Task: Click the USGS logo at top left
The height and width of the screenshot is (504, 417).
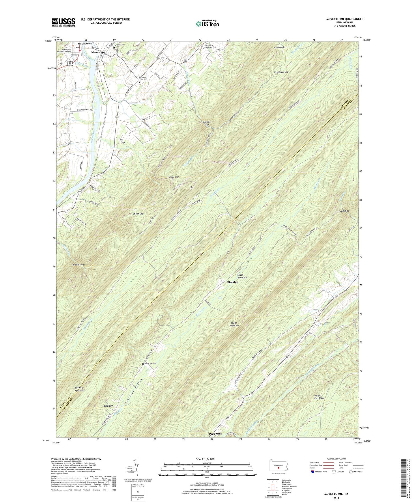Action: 63,22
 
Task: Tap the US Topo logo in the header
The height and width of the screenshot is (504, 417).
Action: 207,24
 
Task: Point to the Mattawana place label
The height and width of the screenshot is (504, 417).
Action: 98,53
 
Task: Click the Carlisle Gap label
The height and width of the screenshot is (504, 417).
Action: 207,123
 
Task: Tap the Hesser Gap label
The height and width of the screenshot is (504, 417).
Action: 173,177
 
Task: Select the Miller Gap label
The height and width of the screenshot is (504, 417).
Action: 138,214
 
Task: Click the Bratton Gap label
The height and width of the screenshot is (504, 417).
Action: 78,264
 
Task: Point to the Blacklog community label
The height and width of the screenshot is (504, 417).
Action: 233,282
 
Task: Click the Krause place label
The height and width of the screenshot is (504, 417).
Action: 108,406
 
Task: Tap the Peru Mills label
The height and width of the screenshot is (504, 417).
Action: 215,434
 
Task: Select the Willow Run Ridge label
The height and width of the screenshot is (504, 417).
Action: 319,397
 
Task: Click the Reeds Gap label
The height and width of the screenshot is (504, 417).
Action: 344,211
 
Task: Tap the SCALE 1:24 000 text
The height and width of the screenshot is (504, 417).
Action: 205,459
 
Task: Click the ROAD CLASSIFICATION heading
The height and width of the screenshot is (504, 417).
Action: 336,459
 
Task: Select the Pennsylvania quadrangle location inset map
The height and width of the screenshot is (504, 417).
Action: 278,466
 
